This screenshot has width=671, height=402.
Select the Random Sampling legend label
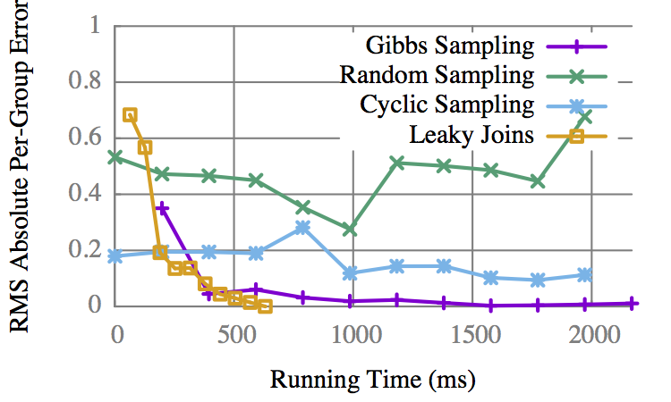[x=437, y=74]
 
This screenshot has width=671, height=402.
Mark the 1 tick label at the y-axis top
[x=94, y=27]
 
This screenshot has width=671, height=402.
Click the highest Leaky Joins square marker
[x=131, y=115]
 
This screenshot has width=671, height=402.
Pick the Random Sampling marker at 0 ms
[x=115, y=157]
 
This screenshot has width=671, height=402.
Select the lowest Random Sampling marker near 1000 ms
[x=350, y=230]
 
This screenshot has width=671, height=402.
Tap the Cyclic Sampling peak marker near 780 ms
[x=302, y=227]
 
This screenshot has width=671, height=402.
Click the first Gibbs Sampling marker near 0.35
[x=163, y=208]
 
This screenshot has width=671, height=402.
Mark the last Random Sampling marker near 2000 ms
[x=585, y=117]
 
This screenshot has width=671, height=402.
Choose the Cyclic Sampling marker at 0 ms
[x=115, y=256]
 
